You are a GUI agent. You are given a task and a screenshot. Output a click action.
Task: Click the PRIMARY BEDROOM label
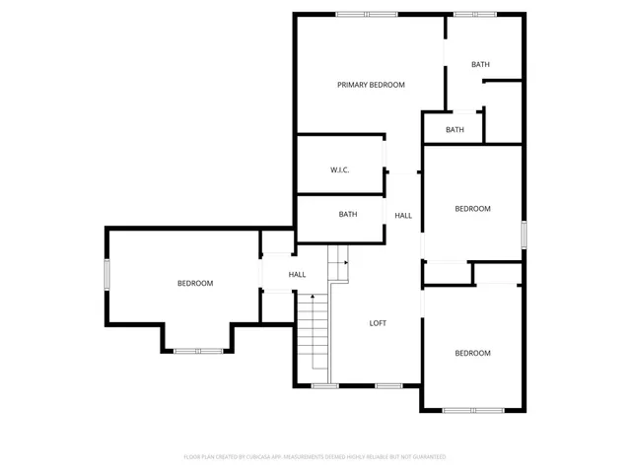(x=371, y=85)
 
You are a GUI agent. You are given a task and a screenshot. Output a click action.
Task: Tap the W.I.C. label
(x=340, y=170)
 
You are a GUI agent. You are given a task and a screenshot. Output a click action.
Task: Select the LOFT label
(x=378, y=323)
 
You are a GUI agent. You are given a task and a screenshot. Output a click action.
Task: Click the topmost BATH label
(x=480, y=65)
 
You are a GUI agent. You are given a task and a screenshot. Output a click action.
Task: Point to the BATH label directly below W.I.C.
(x=348, y=214)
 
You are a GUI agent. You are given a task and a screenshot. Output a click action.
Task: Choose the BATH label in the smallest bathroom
(x=455, y=130)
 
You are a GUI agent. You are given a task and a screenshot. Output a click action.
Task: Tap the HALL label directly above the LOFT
(x=403, y=216)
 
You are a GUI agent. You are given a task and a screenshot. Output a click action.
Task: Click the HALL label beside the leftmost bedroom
(x=297, y=275)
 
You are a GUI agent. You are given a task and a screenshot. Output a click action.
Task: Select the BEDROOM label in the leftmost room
(x=195, y=284)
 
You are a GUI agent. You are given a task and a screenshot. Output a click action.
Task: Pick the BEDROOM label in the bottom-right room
(x=472, y=353)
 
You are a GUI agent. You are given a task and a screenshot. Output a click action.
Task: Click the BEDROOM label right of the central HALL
(x=472, y=209)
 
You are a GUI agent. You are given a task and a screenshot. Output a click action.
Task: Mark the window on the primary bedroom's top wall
(x=367, y=14)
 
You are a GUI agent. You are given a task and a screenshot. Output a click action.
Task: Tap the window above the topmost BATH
(x=474, y=14)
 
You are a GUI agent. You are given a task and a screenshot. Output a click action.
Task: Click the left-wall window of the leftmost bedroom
(x=107, y=275)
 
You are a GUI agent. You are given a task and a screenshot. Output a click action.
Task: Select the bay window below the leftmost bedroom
(x=198, y=350)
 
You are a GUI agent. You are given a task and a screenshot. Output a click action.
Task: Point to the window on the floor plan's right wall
(x=524, y=234)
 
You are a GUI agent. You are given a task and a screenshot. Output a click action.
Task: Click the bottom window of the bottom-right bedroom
(x=472, y=410)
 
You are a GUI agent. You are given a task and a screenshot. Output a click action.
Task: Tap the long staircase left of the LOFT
(x=314, y=335)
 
